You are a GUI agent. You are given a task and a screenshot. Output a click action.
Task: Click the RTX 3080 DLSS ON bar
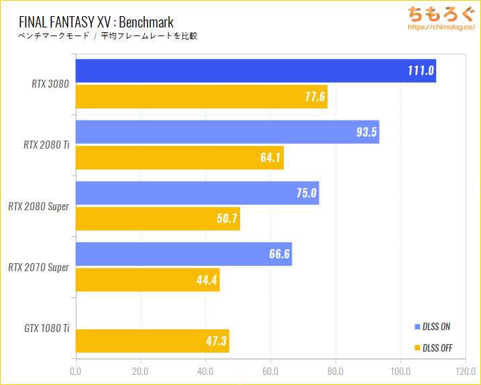(256, 71)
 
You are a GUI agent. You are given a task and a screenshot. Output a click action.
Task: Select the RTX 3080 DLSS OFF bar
(201, 97)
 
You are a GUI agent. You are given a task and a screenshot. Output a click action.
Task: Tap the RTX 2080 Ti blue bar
(227, 132)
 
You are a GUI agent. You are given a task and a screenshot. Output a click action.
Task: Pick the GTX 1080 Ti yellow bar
(152, 341)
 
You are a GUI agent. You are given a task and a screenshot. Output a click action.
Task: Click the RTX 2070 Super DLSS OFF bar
(148, 280)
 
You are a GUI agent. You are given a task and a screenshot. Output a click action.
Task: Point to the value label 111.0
(421, 71)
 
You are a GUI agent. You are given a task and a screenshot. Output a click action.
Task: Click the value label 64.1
(270, 158)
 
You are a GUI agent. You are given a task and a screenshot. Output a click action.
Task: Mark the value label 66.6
(278, 254)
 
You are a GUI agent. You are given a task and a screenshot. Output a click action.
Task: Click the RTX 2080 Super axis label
(38, 206)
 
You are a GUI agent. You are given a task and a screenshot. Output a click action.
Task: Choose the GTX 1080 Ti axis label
(47, 328)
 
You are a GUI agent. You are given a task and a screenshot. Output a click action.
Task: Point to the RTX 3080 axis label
(50, 84)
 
